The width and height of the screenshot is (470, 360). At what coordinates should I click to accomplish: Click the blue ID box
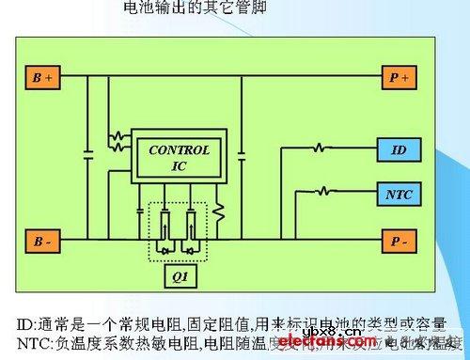(399, 150)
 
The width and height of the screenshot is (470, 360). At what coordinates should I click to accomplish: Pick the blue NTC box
(399, 195)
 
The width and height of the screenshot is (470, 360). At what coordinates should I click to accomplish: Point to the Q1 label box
(178, 279)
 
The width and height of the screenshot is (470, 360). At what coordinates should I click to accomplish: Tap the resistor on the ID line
(322, 149)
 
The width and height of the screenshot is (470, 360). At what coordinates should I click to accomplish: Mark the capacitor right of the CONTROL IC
(242, 149)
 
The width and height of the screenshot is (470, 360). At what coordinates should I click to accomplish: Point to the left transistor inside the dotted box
(164, 230)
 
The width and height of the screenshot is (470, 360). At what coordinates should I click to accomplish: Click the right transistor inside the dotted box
(192, 230)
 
